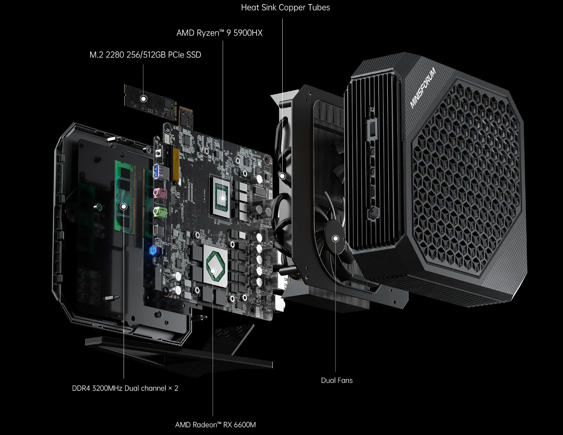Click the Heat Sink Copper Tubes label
point(285,7)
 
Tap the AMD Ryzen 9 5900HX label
point(219,33)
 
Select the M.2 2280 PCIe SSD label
point(145,55)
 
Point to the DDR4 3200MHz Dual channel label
point(125,388)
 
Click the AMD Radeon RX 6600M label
point(215,425)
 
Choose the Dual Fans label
point(337,380)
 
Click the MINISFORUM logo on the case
point(423,88)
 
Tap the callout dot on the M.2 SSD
point(143,99)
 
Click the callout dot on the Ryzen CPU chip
point(223,198)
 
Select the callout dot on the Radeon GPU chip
point(213,271)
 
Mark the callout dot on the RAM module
point(124,207)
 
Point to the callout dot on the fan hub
point(335,239)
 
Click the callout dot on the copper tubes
point(283,176)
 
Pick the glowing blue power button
point(153,250)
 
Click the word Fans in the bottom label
point(345,380)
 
